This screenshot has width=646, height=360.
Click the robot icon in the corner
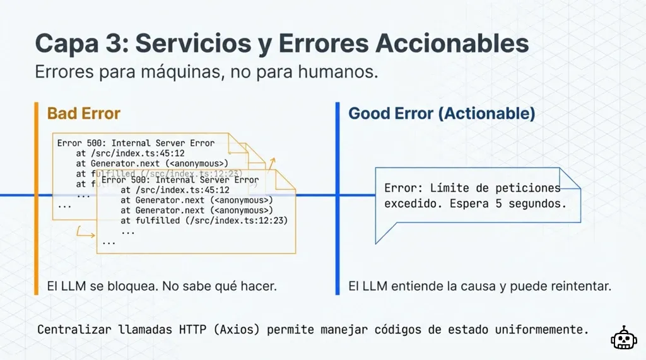pyautogui.click(x=623, y=338)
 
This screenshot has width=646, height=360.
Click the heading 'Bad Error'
pyautogui.click(x=83, y=113)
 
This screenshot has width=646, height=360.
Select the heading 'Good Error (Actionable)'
pyautogui.click(x=442, y=113)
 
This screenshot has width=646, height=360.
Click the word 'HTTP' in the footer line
pyautogui.click(x=198, y=329)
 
